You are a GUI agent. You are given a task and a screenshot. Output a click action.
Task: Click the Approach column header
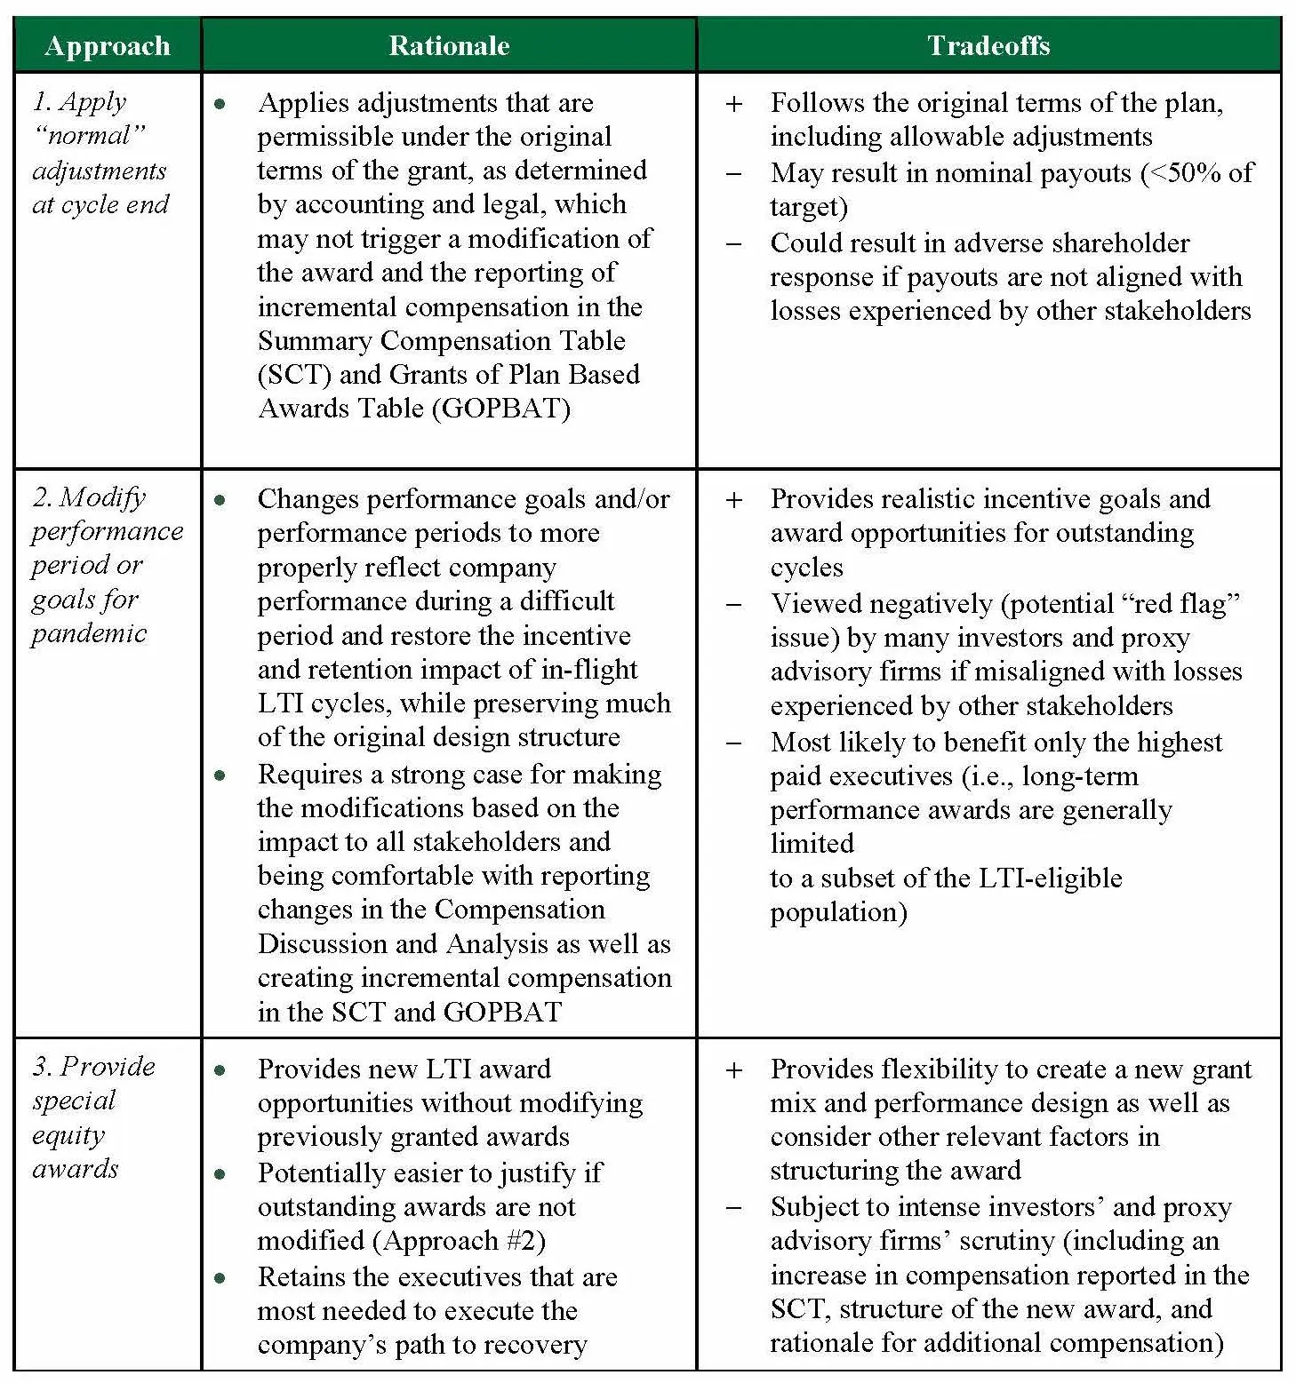[x=107, y=46]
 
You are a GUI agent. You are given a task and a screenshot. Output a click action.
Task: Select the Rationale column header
[x=449, y=46]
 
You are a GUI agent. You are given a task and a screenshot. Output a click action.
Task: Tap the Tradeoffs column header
[x=988, y=46]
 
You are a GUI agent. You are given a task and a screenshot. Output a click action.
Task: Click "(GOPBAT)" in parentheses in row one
[x=505, y=409]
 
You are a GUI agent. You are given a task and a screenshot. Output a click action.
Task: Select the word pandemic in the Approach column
[x=89, y=634]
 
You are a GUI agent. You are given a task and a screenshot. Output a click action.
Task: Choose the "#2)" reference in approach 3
[x=525, y=1241]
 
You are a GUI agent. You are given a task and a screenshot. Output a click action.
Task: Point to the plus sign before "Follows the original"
[x=734, y=104]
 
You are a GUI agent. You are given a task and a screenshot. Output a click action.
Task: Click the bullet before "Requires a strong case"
[x=220, y=775]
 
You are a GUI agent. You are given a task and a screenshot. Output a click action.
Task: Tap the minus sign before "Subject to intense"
[x=734, y=1208]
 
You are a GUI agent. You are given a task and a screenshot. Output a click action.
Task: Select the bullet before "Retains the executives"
[x=220, y=1278]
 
